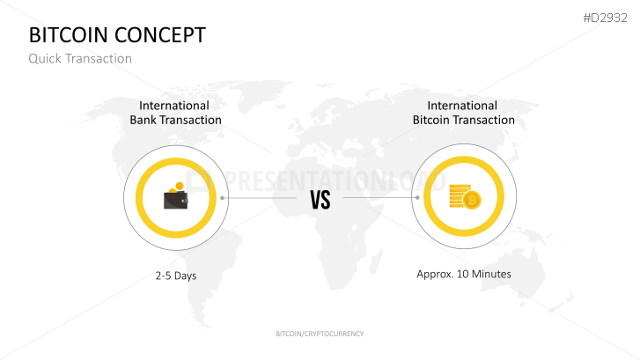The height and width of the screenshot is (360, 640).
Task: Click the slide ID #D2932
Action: click(x=605, y=17)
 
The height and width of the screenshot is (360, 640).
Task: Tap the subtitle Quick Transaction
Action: click(x=80, y=59)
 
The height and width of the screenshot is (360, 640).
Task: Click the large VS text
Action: click(x=320, y=200)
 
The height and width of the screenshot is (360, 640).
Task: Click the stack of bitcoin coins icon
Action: click(x=463, y=198)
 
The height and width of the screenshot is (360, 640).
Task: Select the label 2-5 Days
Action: click(x=176, y=276)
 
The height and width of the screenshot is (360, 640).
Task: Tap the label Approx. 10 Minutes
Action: click(x=464, y=274)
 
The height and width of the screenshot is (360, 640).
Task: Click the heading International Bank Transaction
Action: click(x=176, y=113)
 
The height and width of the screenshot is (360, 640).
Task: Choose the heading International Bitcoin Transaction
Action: click(x=464, y=113)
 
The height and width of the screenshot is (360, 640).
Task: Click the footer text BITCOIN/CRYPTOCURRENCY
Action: click(x=320, y=334)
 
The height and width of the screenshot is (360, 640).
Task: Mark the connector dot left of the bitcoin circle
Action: click(x=413, y=198)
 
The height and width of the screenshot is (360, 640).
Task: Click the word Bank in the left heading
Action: click(x=144, y=120)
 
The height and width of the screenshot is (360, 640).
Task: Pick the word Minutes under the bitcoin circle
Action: click(x=490, y=274)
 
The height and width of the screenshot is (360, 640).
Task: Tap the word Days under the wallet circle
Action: click(x=184, y=276)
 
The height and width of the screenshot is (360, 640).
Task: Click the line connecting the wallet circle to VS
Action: click(x=260, y=198)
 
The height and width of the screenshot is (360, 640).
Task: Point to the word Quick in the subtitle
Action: click(x=44, y=59)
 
